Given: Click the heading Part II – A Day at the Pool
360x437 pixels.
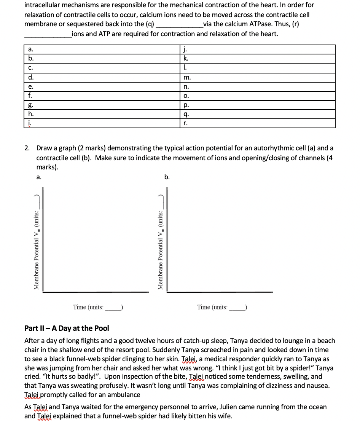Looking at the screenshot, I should pos(67,328).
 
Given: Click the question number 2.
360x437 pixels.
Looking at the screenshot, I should pos(27,148).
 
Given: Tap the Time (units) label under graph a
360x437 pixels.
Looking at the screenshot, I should pos(97,307).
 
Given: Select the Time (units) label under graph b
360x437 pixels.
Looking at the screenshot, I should pos(222,307).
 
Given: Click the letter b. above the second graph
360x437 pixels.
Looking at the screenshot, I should pos(167,177).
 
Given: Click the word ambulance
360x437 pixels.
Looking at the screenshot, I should pos(125,395).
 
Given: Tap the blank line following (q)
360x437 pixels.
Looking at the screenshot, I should pos(179,25).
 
